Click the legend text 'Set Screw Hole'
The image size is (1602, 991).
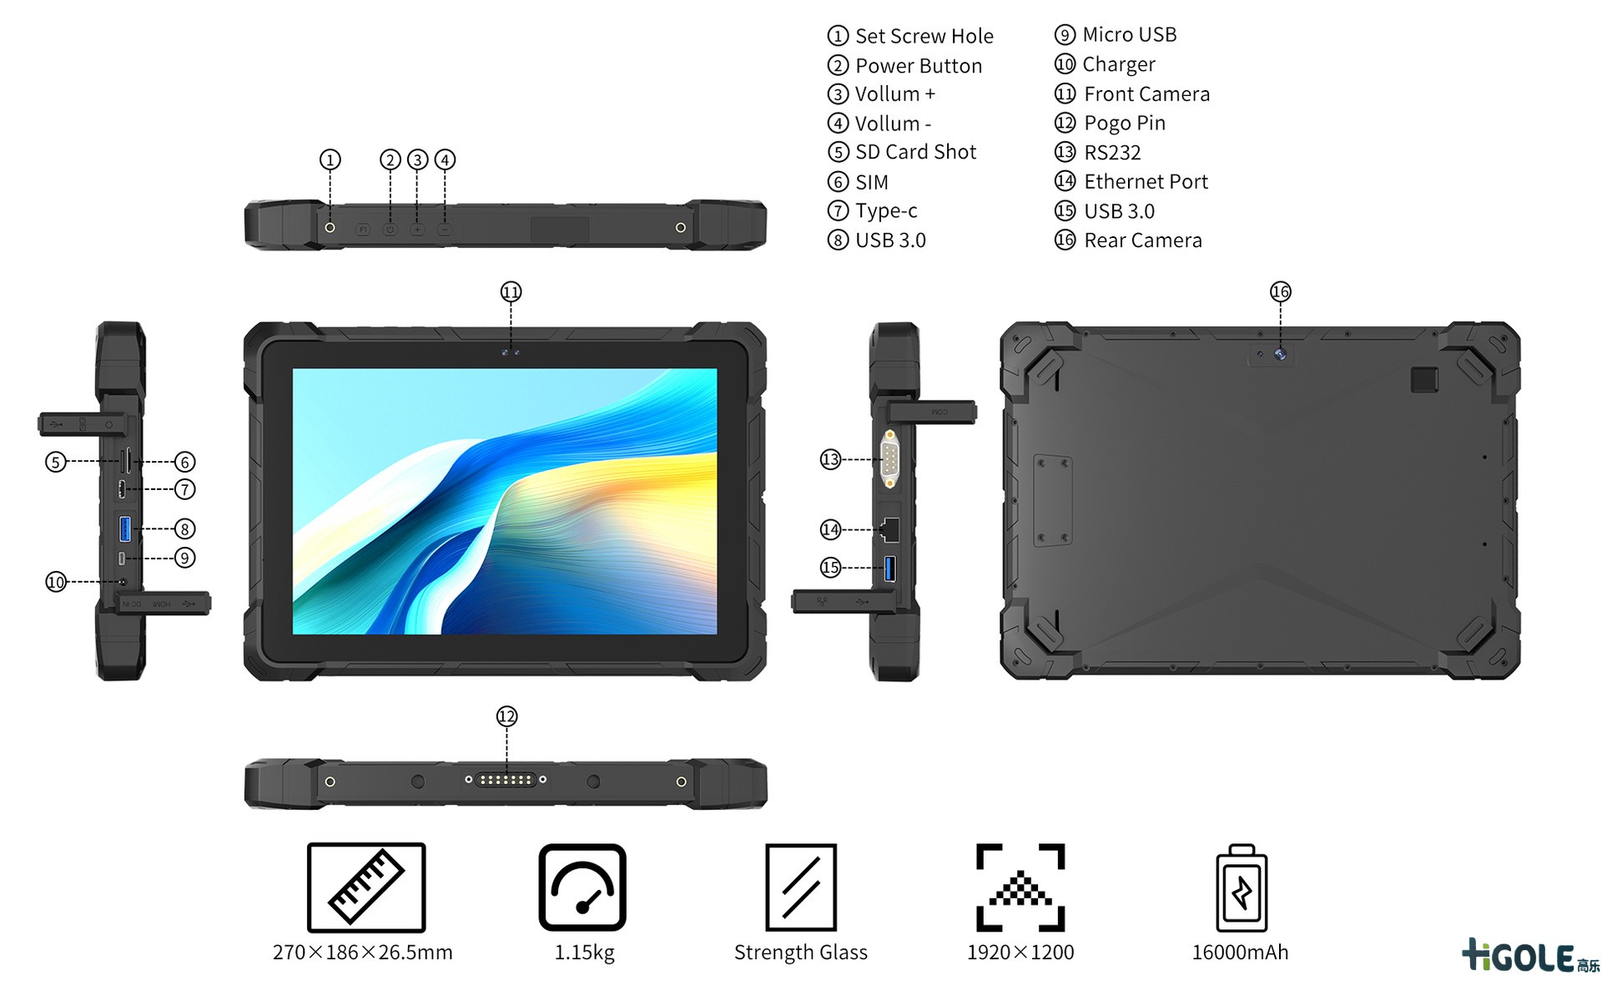pos(924,36)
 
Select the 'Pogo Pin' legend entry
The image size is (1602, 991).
pos(1124,124)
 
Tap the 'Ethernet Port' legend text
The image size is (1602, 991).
pos(1146,181)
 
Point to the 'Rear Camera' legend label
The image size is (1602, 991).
pos(1142,240)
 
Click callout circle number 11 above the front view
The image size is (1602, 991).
pos(511,291)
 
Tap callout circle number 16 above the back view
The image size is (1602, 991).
pos(1280,291)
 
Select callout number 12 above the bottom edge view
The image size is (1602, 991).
pos(506,716)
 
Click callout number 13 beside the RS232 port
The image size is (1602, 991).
pos(830,459)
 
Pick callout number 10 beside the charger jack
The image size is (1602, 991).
pos(56,582)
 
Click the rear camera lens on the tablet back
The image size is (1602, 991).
pos(1280,354)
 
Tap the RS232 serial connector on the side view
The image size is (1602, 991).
pos(889,458)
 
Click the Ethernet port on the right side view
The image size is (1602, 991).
pos(889,529)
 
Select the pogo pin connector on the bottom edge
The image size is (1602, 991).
pos(506,780)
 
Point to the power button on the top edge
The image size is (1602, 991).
pos(390,229)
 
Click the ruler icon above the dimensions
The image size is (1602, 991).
pos(366,887)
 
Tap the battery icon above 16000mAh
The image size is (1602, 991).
pos(1242,887)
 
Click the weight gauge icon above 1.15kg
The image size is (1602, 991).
pos(582,887)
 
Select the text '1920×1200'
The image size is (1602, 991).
pos(1020,953)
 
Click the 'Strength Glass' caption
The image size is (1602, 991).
pos(801,953)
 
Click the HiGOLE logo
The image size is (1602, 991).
pos(1530,956)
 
